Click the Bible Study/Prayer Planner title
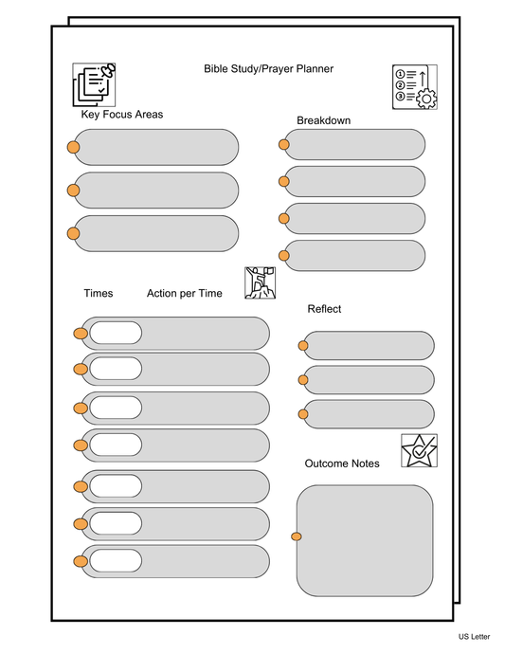pos(268,68)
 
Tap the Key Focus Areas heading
pos(122,115)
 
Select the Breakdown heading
pos(323,120)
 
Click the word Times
pos(98,294)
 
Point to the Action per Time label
pos(184,294)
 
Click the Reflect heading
pos(324,309)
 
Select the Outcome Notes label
pos(342,463)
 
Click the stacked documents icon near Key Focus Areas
pos(94,83)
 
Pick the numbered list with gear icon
pos(414,87)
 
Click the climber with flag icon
pos(259,282)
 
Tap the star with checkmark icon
pos(419,449)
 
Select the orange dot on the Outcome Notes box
pos(297,537)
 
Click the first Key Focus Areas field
pos(156,147)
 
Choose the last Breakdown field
pos(355,255)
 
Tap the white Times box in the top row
pos(115,333)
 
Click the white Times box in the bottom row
pos(115,561)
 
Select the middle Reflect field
pos(369,380)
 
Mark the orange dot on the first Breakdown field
pos(283,145)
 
